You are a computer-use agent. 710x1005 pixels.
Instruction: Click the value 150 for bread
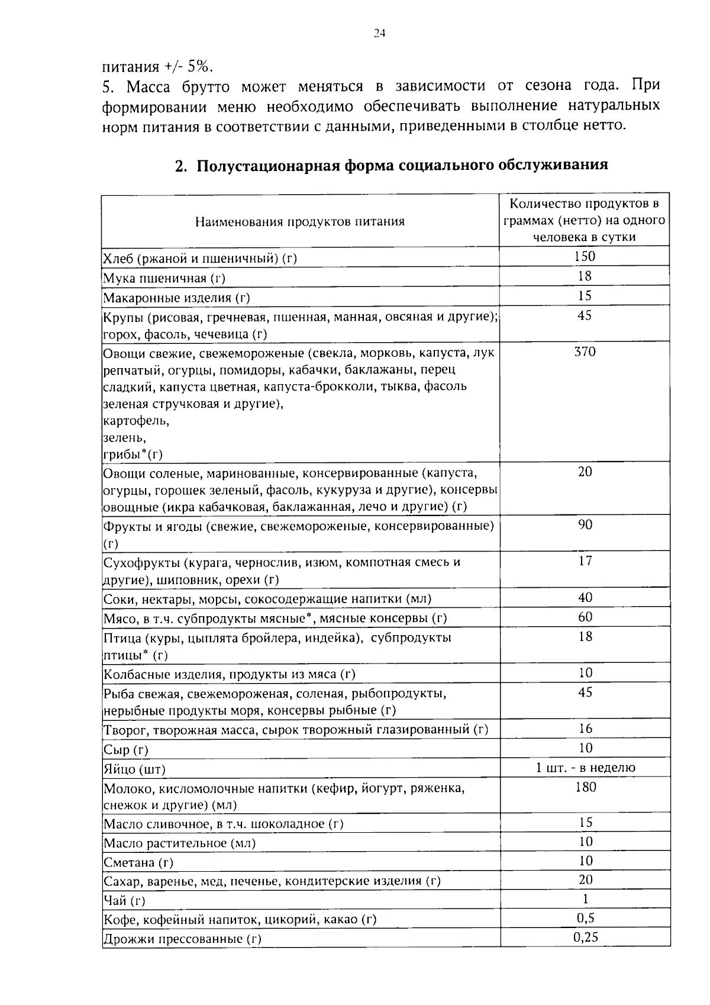pos(585,256)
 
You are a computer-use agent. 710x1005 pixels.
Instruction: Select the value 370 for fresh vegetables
pos(585,352)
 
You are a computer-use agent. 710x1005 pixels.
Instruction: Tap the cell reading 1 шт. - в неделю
pos(585,768)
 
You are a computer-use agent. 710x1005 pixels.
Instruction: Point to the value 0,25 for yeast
pos(585,937)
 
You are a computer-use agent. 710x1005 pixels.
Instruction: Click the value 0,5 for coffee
pos(585,918)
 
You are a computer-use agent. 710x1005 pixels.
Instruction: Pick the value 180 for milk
pos(585,787)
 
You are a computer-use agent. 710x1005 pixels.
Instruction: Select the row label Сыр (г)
pos(125,750)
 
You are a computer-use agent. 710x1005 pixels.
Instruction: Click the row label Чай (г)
pos(124,901)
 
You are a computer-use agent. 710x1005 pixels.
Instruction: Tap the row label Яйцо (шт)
pos(134,769)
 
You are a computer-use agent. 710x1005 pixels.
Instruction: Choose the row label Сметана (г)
pos(138,862)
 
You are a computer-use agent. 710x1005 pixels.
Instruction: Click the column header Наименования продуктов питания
pos(300,221)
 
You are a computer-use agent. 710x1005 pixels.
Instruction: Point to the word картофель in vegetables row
pos(136,421)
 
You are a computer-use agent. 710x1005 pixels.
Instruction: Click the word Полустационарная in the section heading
pos(267,165)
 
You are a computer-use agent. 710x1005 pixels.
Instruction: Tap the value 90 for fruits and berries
pos(585,525)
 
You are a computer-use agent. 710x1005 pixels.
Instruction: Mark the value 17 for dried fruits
pos(585,561)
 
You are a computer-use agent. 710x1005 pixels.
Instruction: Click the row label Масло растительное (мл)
pos(179,843)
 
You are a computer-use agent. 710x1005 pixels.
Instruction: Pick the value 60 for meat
pos(585,617)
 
